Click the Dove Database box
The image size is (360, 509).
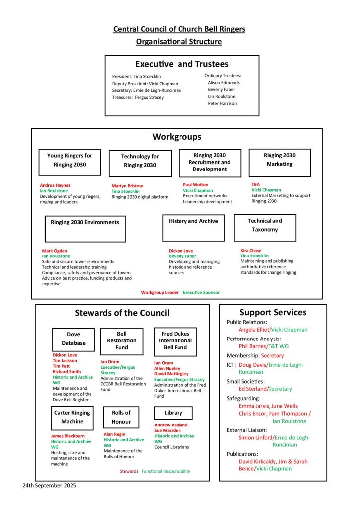point(73,339)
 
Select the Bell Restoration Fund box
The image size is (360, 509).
point(121,340)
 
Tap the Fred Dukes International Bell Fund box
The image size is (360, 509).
point(175,341)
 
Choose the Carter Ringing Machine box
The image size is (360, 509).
point(72,417)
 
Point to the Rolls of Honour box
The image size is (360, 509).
point(121,417)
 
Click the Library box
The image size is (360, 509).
point(173,413)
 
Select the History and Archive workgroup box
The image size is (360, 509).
point(193,227)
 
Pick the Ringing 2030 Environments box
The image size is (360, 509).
point(85,228)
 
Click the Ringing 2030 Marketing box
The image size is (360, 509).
point(279,162)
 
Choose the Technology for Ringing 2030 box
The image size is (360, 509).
point(140,163)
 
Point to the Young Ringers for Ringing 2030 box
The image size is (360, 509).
point(70,162)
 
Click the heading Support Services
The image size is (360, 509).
point(273,313)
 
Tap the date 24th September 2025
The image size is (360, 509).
point(49,485)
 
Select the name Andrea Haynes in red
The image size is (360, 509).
point(55,185)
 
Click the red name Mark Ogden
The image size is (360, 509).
point(55,251)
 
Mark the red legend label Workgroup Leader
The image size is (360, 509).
point(160,292)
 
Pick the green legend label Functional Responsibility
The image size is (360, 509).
point(166,471)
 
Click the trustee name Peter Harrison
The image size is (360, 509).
point(222,104)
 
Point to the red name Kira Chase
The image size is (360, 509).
point(251,251)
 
